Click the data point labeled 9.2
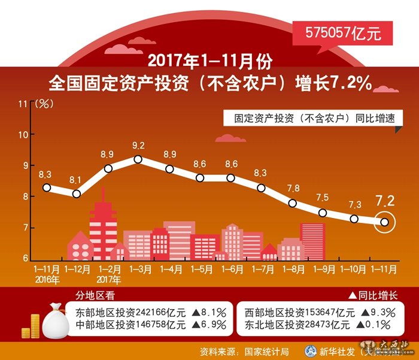tap(138, 159)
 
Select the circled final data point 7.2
tap(384, 222)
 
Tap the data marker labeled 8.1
tap(77, 193)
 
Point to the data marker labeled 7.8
tap(292, 203)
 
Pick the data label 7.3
tap(354, 204)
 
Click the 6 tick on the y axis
tap(26, 258)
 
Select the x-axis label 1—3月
tap(138, 270)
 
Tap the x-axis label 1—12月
tap(77, 270)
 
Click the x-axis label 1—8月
tap(292, 270)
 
